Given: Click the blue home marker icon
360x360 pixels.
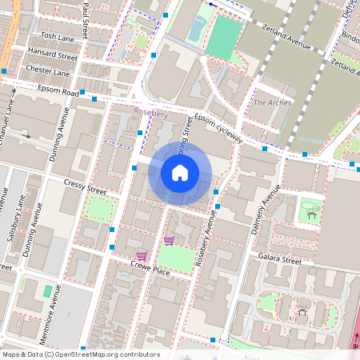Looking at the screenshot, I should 180,172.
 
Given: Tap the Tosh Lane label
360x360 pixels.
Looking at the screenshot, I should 58,37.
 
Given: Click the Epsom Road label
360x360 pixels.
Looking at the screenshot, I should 61,93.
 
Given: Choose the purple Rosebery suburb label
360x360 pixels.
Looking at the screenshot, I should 150,114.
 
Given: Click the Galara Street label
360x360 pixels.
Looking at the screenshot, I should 279,260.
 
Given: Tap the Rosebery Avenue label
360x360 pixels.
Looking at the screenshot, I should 206,244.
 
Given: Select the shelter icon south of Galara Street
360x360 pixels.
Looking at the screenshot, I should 302,311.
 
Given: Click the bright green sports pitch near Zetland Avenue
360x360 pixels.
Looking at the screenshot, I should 223,37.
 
